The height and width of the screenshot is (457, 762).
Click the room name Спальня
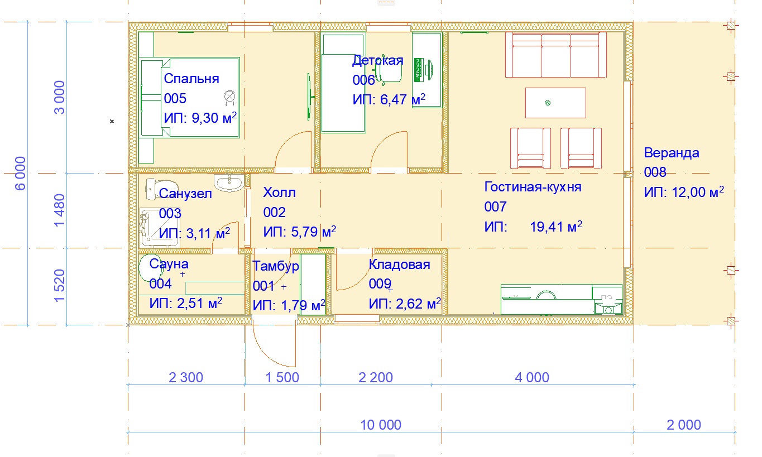(x=191, y=79)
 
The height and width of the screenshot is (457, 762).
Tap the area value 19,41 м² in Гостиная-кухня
(x=556, y=227)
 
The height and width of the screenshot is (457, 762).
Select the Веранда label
(x=671, y=153)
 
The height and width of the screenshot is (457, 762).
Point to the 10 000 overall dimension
(x=381, y=425)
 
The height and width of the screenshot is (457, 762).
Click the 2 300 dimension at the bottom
(x=186, y=377)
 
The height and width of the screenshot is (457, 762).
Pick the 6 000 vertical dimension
(x=21, y=174)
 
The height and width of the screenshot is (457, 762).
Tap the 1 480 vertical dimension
(x=59, y=210)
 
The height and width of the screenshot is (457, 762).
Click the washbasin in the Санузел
(x=229, y=183)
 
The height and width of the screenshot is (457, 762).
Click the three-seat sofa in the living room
(x=556, y=55)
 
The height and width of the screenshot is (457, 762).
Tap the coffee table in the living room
(x=555, y=103)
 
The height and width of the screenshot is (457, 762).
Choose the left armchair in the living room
(x=530, y=148)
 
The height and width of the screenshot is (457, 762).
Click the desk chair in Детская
(x=389, y=70)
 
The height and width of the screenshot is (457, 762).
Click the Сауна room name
(x=169, y=264)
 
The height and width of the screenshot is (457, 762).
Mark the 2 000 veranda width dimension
(x=684, y=425)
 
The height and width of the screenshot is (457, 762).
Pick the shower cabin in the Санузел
(x=159, y=227)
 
